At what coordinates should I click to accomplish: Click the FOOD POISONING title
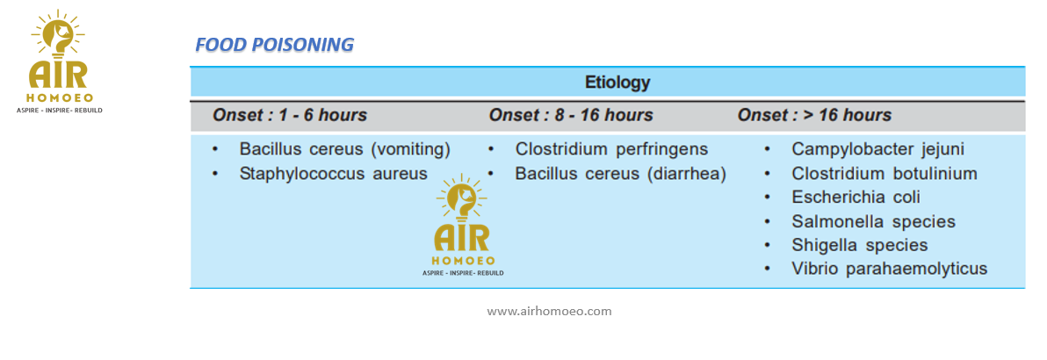point(274,45)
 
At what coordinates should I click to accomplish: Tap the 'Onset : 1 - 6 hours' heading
point(290,115)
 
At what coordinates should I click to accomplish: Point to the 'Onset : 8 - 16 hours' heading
point(571,115)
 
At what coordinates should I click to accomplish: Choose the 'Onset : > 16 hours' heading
point(814,115)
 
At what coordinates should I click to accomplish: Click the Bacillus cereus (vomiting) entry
point(345,149)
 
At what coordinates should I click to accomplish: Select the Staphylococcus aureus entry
point(333,174)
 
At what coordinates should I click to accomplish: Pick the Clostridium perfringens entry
point(611,149)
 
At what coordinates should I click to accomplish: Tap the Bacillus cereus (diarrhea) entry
point(620,174)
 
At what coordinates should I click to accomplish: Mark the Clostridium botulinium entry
point(885,174)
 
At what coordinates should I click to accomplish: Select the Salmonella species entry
point(873,222)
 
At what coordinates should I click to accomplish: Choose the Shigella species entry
point(860,245)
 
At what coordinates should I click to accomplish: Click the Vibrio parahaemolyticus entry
point(890,270)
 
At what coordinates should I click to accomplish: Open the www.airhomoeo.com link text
point(549,311)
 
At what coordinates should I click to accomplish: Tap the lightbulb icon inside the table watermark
point(462,198)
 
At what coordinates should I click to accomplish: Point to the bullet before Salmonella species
point(767,222)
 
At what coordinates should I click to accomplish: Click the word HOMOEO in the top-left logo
point(58,97)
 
